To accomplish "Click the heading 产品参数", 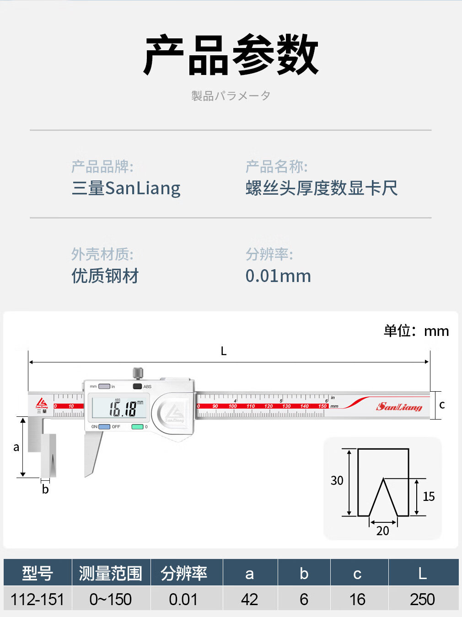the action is coord(231,55).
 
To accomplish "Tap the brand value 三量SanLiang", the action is coord(126,188).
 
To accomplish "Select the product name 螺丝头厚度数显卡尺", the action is coord(321,188).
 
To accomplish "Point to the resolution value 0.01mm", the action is coord(278,276).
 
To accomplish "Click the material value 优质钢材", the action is coord(105,276).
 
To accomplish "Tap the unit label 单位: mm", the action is coord(416,331).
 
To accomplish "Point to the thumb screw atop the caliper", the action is coord(138,373).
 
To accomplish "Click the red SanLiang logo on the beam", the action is coord(399,406).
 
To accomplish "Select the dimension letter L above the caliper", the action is coord(224,351).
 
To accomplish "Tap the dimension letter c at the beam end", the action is coord(442,405).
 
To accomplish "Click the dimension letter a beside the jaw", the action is coord(16,447).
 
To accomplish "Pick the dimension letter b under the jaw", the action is coord(45,489).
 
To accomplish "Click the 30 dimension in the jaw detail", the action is coord(337,481).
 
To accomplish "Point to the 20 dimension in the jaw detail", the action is coord(383,531).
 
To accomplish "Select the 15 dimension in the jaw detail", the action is coord(429,497).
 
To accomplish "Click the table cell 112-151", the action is coord(38,599).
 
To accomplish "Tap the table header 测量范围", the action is coord(111,573).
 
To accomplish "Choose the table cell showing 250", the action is coord(422,599).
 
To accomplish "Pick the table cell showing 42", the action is coord(250,599).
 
